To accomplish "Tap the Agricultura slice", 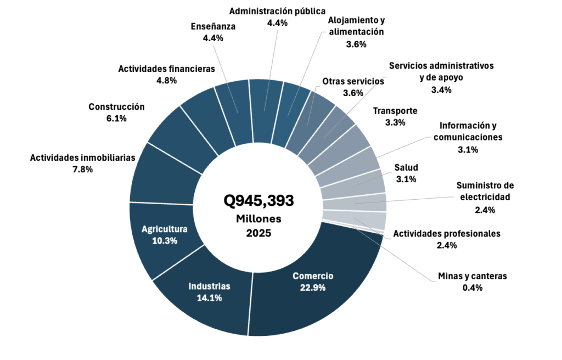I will (165, 234).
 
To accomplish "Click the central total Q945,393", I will (258, 201).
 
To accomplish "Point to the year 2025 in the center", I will (258, 233).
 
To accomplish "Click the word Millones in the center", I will (258, 218).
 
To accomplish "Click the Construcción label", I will (116, 106).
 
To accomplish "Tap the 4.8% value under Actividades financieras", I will (166, 80).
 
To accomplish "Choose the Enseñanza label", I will (213, 26).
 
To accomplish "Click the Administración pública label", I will (277, 11).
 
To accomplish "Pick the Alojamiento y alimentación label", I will (356, 26).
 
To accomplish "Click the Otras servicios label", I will (353, 81).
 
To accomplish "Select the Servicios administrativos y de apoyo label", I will (441, 71).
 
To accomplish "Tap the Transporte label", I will (395, 111).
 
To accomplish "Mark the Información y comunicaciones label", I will (468, 132).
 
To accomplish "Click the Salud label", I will (406, 167).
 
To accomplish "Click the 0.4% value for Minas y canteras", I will (472, 288).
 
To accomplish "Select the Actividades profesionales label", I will (447, 233).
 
